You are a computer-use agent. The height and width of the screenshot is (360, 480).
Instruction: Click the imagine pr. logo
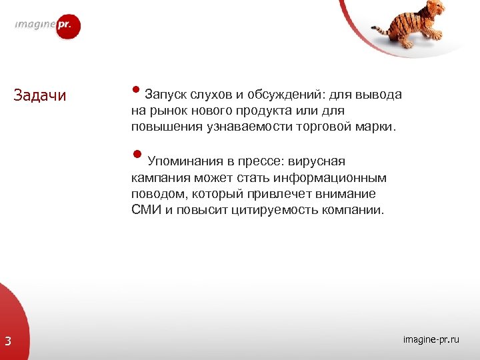click(48, 27)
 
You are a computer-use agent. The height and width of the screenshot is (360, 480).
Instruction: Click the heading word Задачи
click(40, 95)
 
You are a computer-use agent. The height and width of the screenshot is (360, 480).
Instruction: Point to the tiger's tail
click(381, 30)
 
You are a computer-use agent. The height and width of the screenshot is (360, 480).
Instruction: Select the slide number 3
click(7, 342)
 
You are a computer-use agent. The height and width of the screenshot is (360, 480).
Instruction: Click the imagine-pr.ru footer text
click(431, 340)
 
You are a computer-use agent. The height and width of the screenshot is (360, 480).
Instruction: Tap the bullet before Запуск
click(135, 91)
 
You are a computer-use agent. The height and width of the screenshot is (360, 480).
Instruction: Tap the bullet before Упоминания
click(137, 156)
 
